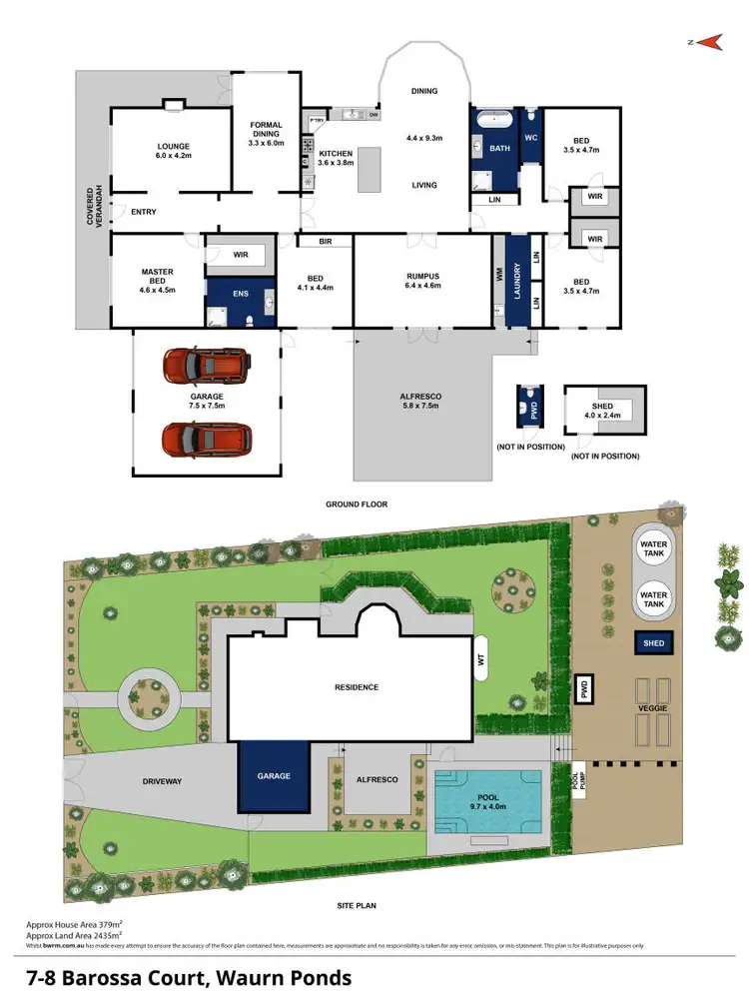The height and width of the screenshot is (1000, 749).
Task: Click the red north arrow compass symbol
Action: [x=709, y=42]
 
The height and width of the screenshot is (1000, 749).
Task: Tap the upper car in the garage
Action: [x=207, y=366]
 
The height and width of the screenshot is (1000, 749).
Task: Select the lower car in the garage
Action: [x=207, y=438]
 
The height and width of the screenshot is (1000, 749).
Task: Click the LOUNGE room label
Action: [x=173, y=150]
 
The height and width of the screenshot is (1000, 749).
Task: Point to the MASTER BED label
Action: [x=157, y=281]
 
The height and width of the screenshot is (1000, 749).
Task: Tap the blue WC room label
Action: [x=531, y=137]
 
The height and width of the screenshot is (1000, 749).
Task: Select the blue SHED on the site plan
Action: [x=654, y=644]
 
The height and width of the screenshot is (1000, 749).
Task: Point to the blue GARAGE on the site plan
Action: [x=273, y=776]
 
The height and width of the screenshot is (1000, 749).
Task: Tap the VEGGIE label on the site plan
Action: [x=653, y=708]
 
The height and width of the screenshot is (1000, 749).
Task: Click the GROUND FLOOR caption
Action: [x=356, y=504]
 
